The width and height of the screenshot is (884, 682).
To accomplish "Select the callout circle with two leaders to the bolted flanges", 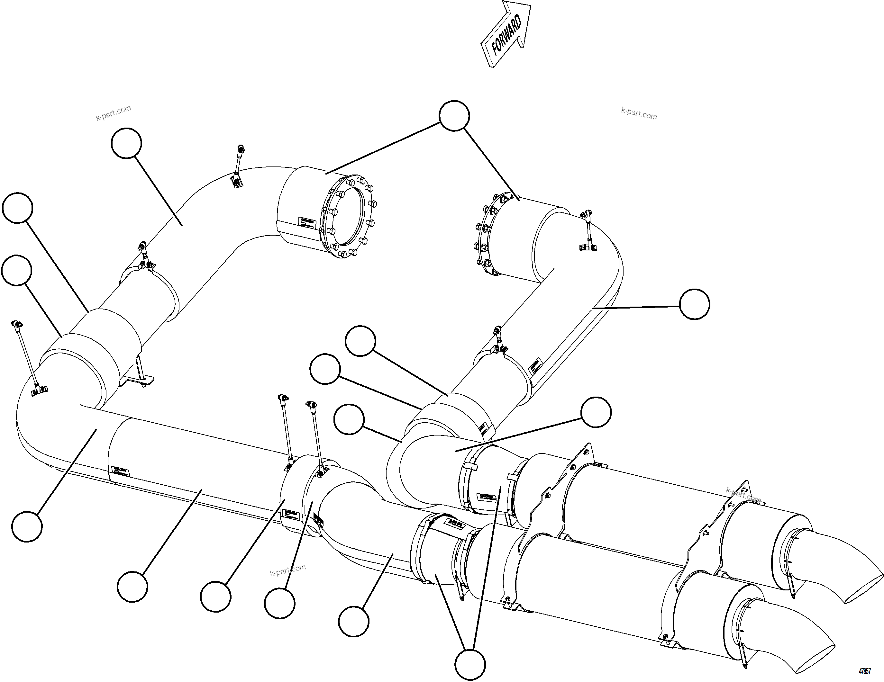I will tap(454, 116).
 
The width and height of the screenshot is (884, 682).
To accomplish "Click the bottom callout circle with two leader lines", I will tap(469, 664).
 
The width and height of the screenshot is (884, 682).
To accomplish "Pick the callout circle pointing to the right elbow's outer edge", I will tap(694, 304).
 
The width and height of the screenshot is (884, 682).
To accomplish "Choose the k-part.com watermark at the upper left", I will tap(113, 113).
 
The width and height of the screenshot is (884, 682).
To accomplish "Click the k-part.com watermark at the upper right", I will tap(639, 114).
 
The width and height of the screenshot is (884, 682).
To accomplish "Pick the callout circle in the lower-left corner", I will tap(27, 526).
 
